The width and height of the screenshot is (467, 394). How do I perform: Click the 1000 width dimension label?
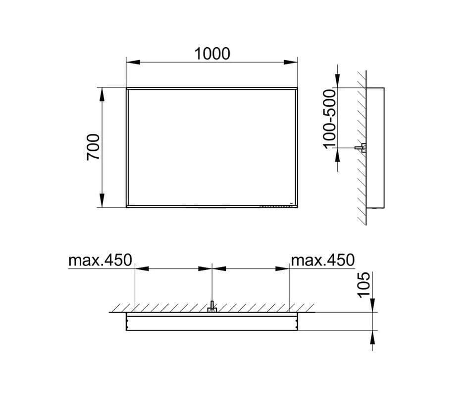pos(212,54)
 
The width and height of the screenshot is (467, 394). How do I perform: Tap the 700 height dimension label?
pos(93,147)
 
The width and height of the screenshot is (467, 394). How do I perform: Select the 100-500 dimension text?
pos(329,119)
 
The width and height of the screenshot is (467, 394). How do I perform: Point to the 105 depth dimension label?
pos(363,284)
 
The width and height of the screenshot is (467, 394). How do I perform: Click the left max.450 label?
pos(100,261)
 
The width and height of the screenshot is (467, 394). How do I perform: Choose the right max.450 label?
pos(323,261)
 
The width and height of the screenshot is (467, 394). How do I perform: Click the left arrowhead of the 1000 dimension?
pos(133,62)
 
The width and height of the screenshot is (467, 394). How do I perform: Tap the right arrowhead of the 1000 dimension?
pos(291,62)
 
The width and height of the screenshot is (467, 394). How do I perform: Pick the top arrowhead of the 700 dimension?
pos(102,95)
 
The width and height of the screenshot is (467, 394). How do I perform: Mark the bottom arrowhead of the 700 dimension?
pos(102,200)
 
